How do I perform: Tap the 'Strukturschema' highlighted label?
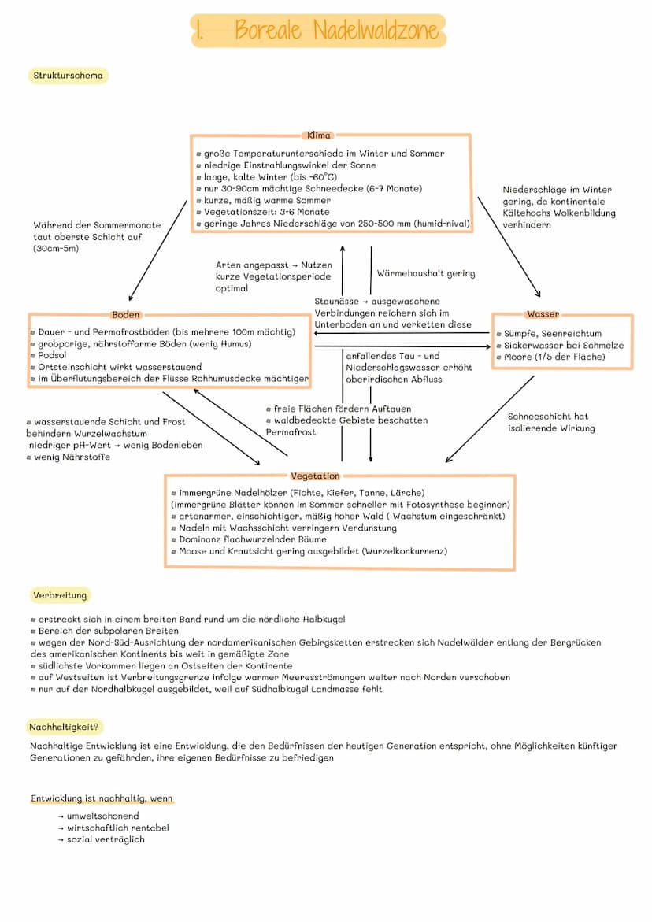(x=68, y=76)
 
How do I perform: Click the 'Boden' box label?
(x=126, y=315)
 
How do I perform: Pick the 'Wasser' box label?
(x=543, y=314)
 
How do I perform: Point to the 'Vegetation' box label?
(x=315, y=476)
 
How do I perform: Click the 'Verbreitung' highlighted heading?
(x=60, y=594)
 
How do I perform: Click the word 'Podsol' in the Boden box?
(x=52, y=355)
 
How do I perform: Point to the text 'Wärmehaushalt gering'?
(x=426, y=273)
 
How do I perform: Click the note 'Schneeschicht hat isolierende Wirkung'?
(x=550, y=422)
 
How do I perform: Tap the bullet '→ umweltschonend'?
(x=98, y=816)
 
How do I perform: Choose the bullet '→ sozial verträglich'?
(x=101, y=839)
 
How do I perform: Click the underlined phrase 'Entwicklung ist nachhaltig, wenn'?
(x=102, y=798)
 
